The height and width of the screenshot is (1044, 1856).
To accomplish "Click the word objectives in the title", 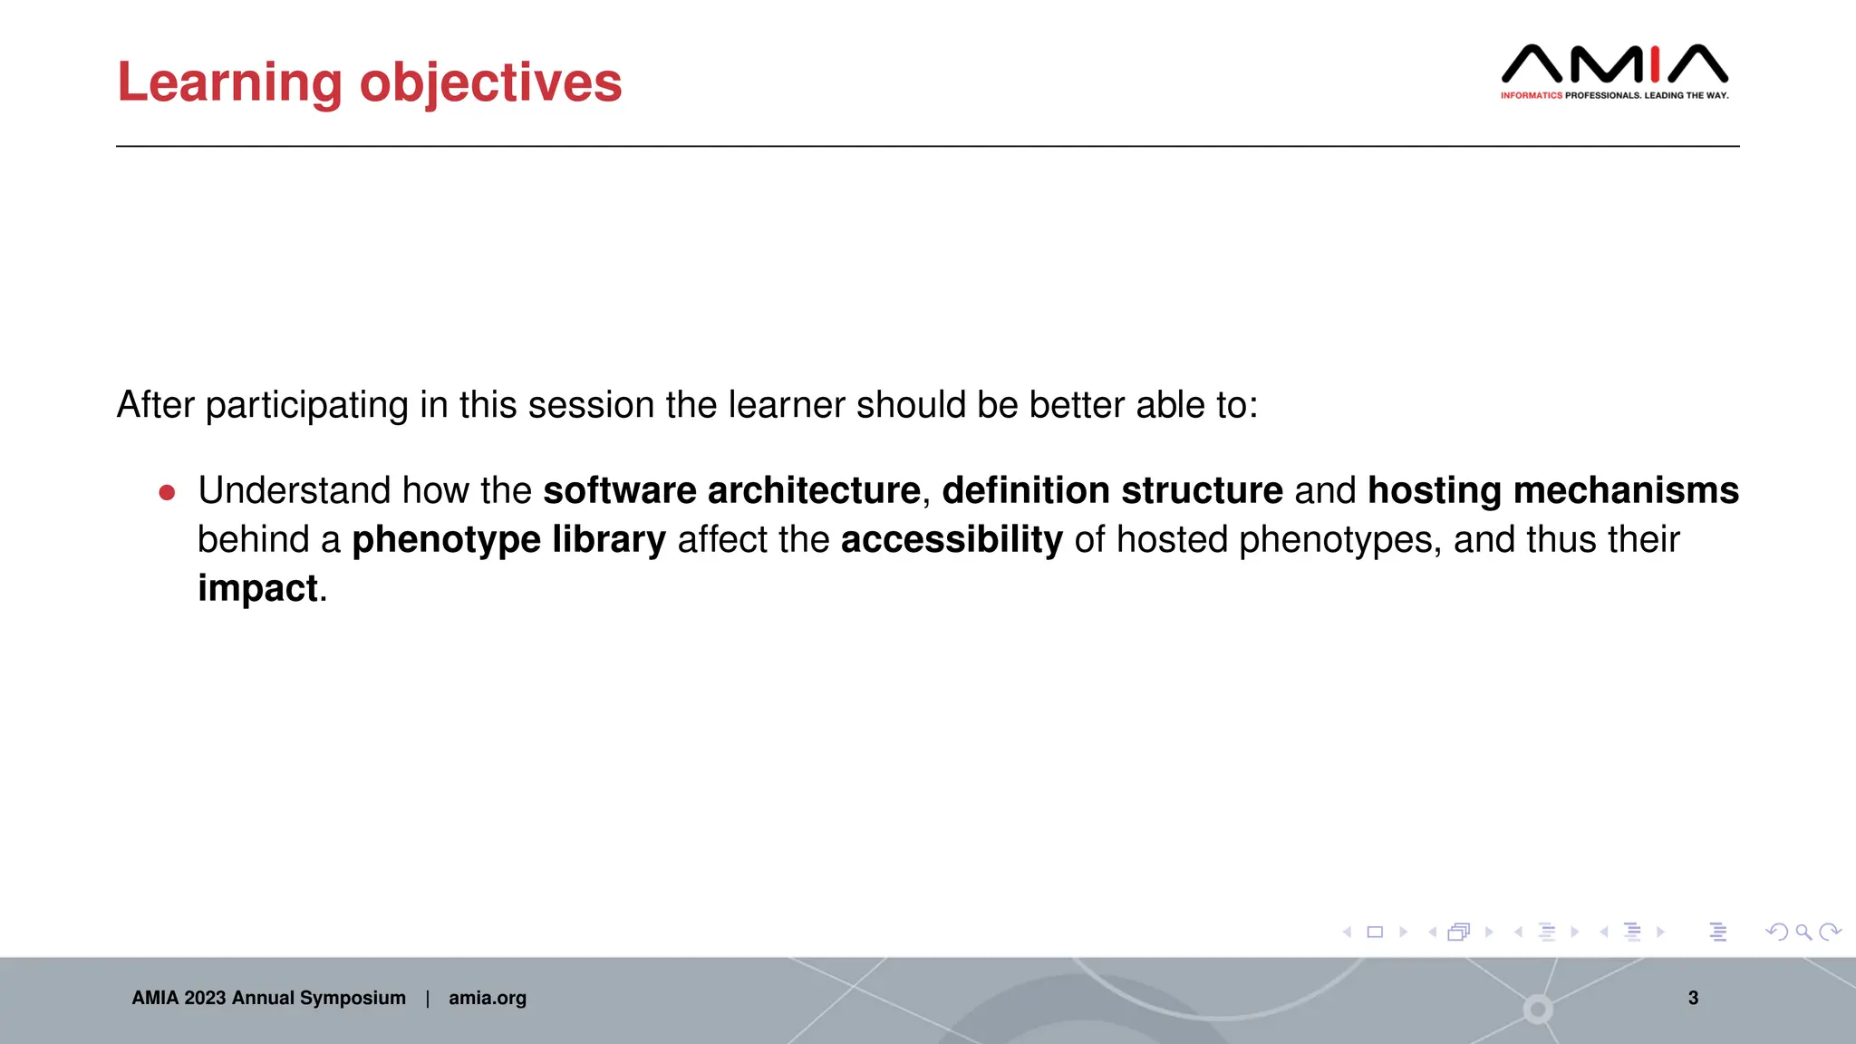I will coord(490,83).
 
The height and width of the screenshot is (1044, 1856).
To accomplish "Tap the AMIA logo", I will coord(1614,64).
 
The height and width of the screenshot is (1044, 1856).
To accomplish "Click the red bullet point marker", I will coord(167,492).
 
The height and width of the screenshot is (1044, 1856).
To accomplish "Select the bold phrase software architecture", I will coord(731,490).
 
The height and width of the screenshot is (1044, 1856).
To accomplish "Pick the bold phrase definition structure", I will coord(1112,490).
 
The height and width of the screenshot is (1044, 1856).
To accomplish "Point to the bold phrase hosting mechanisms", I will coord(1552,490).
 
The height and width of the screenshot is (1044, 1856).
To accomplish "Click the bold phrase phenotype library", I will coord(508,539).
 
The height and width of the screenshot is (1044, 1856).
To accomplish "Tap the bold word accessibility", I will coord(952,539).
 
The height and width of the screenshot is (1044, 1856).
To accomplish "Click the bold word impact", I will coord(258,588).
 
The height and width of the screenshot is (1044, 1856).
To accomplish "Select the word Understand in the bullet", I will coord(294,490).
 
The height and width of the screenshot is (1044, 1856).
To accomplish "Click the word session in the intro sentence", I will coord(592,405).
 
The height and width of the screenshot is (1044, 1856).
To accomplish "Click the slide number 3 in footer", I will coord(1692,998).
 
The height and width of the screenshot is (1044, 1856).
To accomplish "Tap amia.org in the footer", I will coord(487,998).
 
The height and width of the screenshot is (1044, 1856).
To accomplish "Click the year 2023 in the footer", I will coord(204,998).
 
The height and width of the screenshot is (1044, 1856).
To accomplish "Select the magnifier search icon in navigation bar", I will coord(1803,932).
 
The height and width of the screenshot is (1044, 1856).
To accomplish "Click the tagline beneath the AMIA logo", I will coord(1614,95).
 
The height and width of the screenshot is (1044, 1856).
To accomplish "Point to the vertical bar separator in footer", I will coord(427,998).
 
